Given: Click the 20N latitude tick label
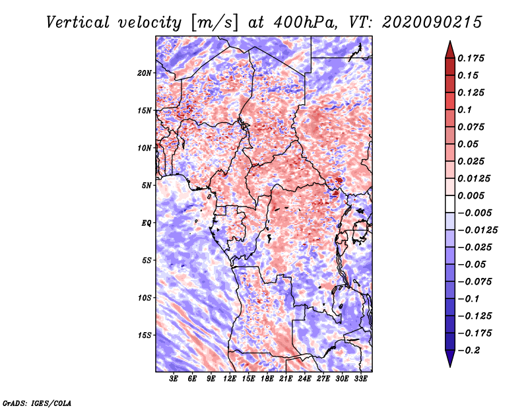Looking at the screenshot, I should pyautogui.click(x=145, y=73).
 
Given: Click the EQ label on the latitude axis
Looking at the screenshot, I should pyautogui.click(x=147, y=222).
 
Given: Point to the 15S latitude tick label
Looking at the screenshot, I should pyautogui.click(x=145, y=335).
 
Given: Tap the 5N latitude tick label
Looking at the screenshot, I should pyautogui.click(x=147, y=185).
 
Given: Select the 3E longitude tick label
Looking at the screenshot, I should pyautogui.click(x=174, y=380).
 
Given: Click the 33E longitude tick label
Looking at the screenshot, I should pyautogui.click(x=361, y=380).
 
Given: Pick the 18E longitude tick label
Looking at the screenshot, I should pyautogui.click(x=267, y=380).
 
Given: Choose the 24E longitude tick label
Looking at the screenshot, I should pyautogui.click(x=305, y=380).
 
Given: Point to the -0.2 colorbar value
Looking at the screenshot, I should pyautogui.click(x=472, y=350).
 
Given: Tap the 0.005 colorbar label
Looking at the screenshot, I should pyautogui.click(x=473, y=195).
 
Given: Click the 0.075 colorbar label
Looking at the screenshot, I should pyautogui.click(x=473, y=127).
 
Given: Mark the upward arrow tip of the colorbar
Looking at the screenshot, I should pyautogui.click(x=449, y=42).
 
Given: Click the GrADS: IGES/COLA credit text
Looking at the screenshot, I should pyautogui.click(x=36, y=402).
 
